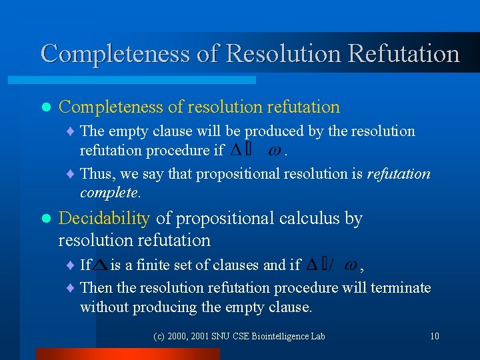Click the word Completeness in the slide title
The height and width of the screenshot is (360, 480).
point(115,53)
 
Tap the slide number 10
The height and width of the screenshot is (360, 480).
point(434,336)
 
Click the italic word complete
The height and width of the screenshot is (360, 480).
point(109,193)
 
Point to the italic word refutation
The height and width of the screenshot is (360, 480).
point(399,174)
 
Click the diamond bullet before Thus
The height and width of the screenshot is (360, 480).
point(71,175)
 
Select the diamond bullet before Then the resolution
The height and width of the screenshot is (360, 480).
point(71,288)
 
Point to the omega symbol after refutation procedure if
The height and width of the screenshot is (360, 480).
point(274,151)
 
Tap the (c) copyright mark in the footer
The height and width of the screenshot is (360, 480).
point(159,336)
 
